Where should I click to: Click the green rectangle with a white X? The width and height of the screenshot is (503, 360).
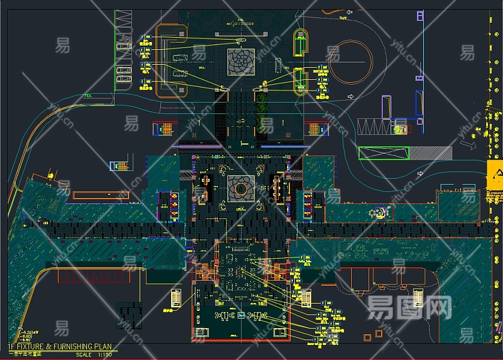pyautogui.click(x=384, y=153)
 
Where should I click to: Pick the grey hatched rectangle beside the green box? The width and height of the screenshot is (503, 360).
pyautogui.click(x=430, y=153)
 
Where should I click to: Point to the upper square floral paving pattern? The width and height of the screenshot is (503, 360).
pyautogui.click(x=241, y=62)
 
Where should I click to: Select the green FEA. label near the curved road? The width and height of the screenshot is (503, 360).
pyautogui.click(x=89, y=95)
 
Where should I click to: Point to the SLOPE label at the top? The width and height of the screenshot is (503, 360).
pyautogui.click(x=343, y=17)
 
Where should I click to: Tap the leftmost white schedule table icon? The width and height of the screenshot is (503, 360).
pyautogui.click(x=176, y=298)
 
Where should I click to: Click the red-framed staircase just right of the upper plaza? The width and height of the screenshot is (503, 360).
pyautogui.click(x=316, y=128)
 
